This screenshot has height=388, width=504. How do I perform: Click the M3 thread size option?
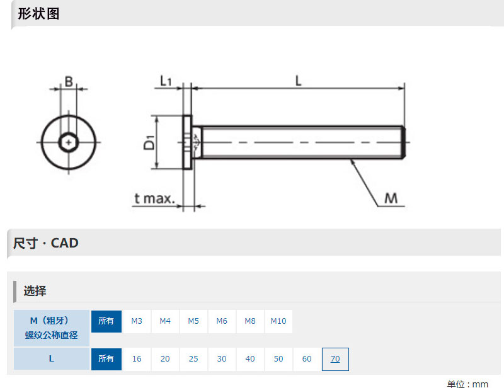tap(137, 321)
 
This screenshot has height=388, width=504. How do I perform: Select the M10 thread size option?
tap(278, 321)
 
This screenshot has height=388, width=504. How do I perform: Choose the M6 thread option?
tap(222, 321)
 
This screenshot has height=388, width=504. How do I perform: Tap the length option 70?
tap(335, 359)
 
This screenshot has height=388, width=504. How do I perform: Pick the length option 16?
tap(137, 359)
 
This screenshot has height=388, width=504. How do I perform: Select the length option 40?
tap(250, 359)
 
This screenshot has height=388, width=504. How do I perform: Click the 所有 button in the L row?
tap(106, 359)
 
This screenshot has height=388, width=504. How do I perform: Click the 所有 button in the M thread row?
tap(106, 321)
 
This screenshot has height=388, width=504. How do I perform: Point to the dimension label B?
tap(69, 82)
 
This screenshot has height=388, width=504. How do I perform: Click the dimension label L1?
tap(166, 81)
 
